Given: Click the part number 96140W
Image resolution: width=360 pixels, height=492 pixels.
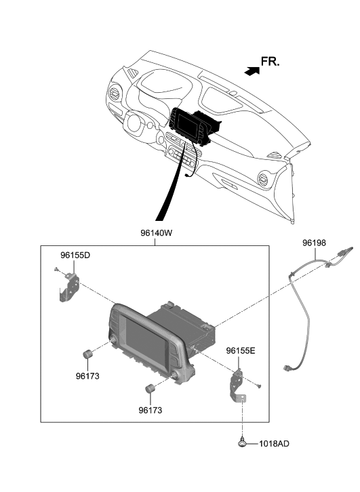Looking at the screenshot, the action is (156, 233).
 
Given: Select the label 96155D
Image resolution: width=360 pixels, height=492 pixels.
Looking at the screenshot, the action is (75, 255).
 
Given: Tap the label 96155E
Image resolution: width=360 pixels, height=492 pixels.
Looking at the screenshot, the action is (241, 351).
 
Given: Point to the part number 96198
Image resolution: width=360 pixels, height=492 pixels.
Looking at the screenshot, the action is (314, 243).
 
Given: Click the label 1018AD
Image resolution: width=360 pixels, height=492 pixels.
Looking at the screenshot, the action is (274, 444).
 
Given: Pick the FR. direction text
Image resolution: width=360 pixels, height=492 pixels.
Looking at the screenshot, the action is (270, 62).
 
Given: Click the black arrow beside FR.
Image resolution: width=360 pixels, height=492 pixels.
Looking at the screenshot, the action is (252, 72).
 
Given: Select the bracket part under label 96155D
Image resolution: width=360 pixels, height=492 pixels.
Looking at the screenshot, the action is (69, 288).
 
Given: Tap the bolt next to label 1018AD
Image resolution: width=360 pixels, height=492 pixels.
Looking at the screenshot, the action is (242, 443).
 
